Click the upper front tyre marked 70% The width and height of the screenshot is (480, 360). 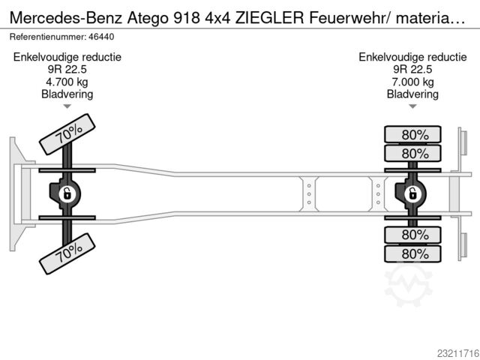click(x=67, y=134)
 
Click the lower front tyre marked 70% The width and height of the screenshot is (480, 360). click(x=67, y=253)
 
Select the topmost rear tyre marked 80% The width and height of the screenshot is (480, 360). click(x=412, y=134)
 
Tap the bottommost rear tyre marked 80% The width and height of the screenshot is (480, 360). click(x=412, y=253)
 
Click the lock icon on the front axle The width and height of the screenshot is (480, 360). click(x=67, y=193)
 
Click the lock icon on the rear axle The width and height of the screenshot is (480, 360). click(x=412, y=193)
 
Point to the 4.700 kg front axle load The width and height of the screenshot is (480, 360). click(x=67, y=82)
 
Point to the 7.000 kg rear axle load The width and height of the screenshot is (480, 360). click(x=412, y=82)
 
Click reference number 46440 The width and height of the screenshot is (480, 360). click(x=101, y=37)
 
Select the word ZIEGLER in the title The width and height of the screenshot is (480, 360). click(x=269, y=18)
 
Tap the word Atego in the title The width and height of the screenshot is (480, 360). click(x=148, y=18)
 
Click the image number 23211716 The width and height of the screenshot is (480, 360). click(x=458, y=353)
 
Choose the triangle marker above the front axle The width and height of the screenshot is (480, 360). click(x=67, y=106)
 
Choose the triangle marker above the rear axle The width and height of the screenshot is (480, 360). click(x=412, y=106)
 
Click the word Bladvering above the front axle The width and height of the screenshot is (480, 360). click(x=67, y=94)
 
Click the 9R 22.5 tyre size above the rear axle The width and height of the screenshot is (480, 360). click(x=412, y=70)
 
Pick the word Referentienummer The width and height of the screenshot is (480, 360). click(x=48, y=37)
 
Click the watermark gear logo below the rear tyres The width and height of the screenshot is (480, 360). click(x=408, y=285)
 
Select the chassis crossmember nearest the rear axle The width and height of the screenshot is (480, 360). click(x=378, y=193)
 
